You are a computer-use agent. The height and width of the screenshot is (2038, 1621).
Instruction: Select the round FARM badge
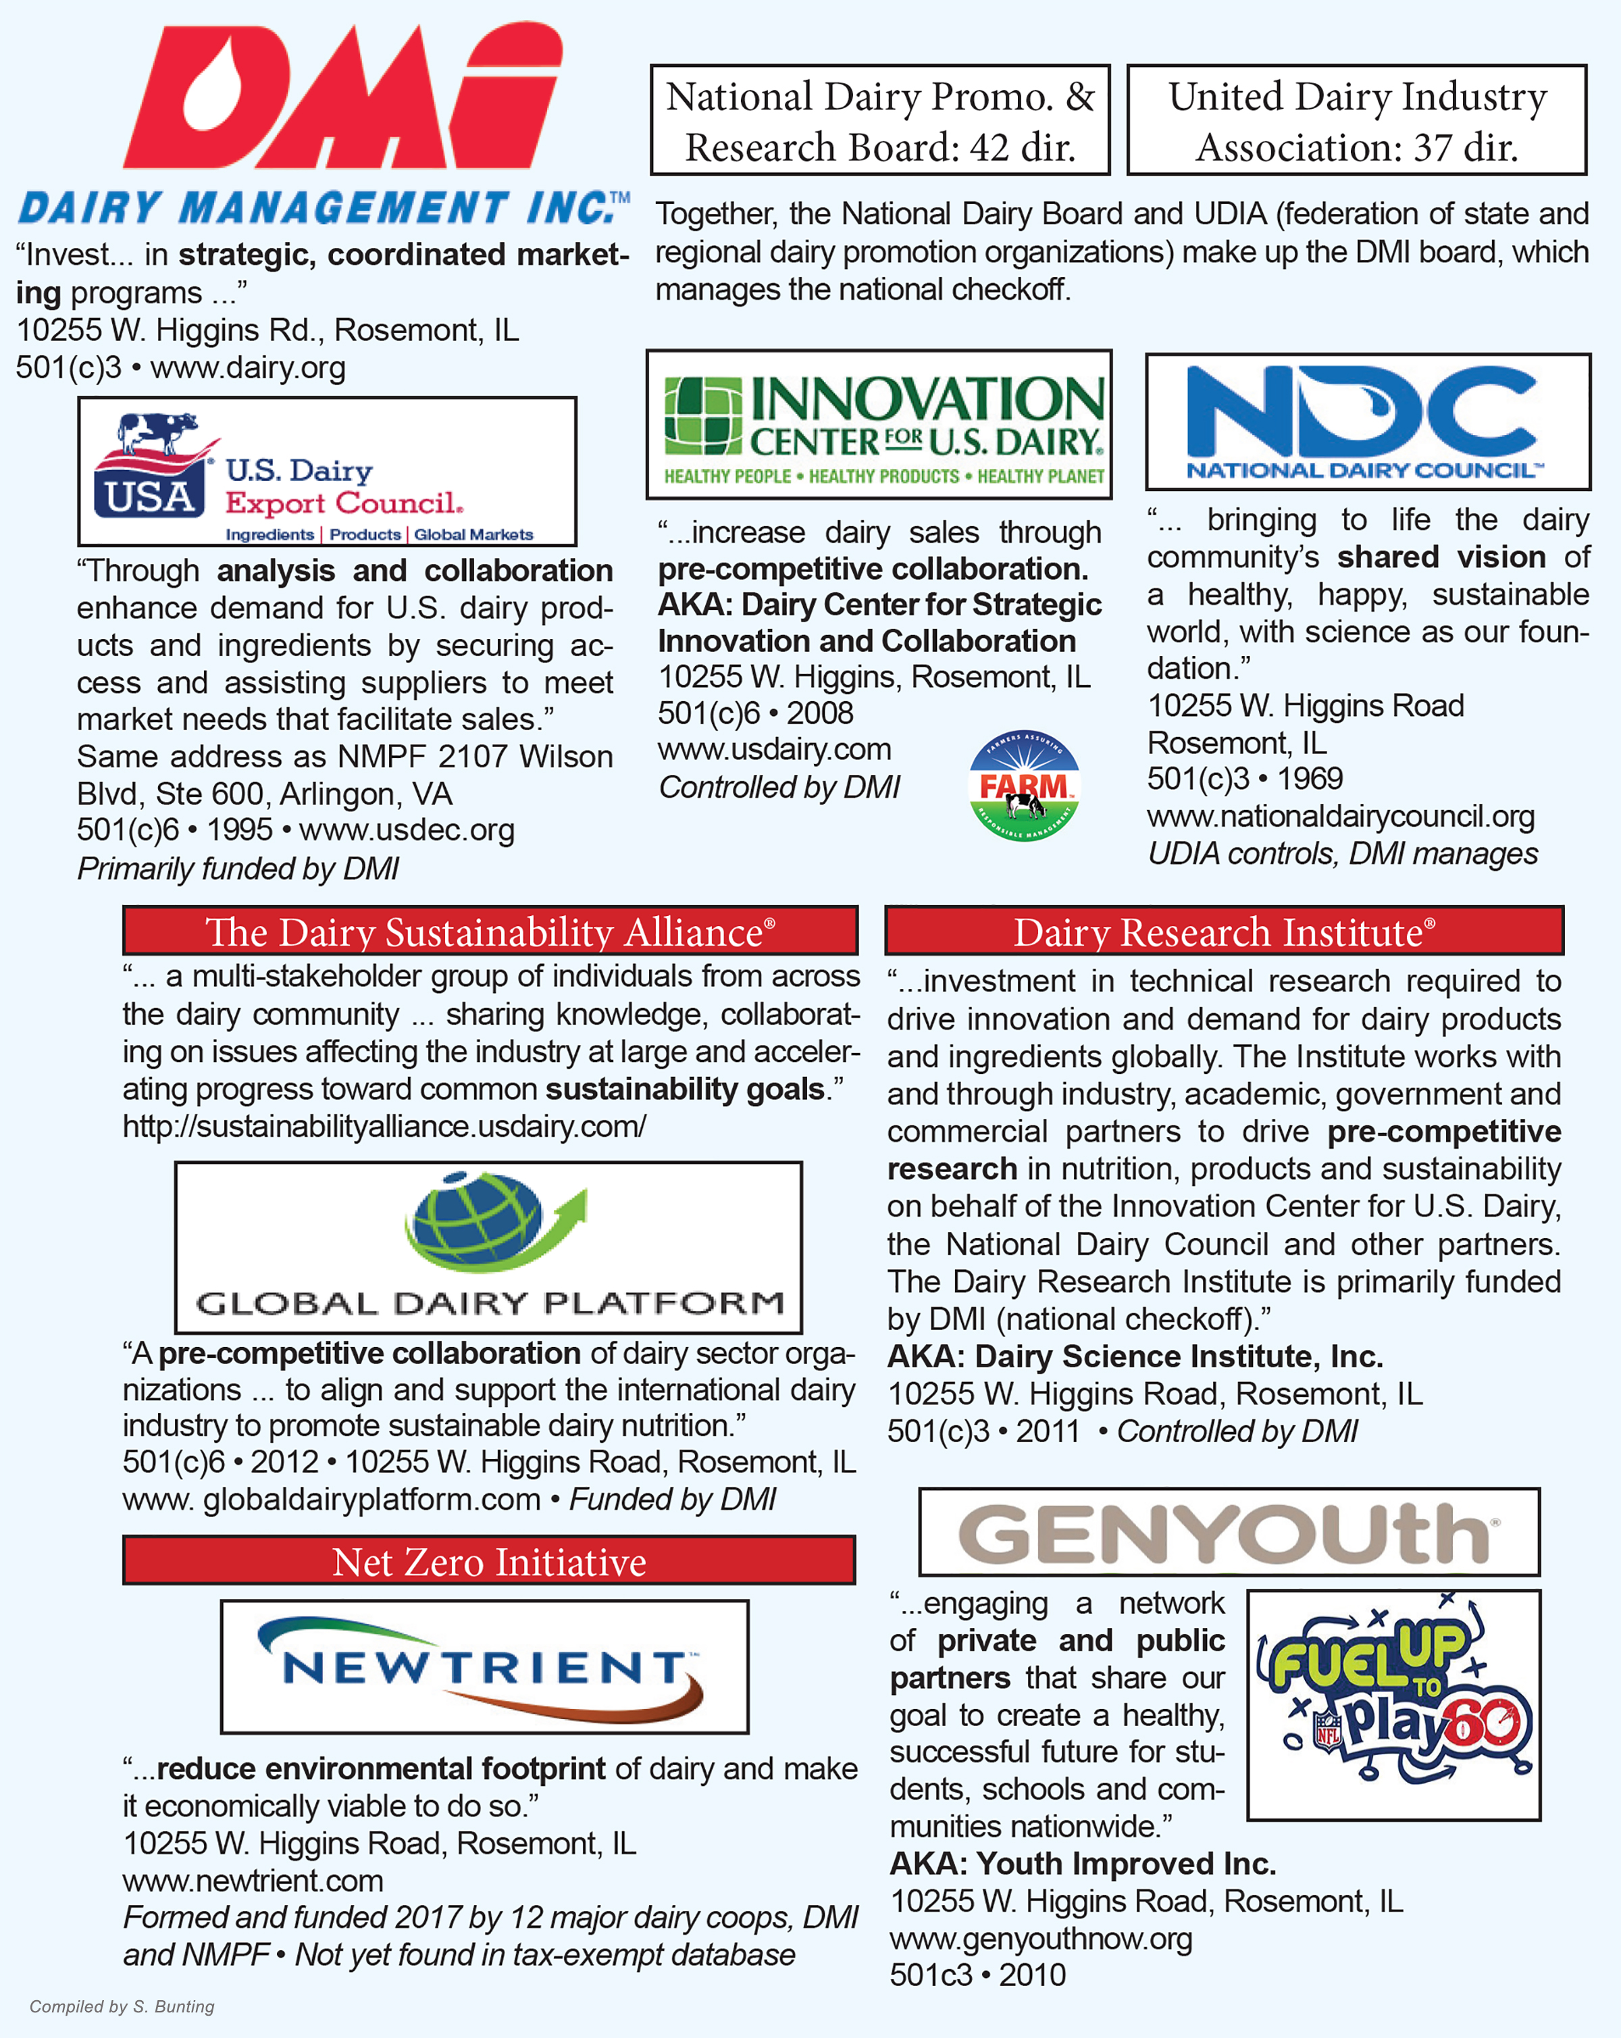1024,786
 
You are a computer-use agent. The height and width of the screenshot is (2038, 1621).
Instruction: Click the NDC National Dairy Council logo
1367,422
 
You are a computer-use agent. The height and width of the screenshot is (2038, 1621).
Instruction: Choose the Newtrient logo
484,1667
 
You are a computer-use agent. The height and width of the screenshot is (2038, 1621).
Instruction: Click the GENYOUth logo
1228,1532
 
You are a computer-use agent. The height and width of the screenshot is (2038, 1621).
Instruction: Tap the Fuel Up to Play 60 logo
1393,1704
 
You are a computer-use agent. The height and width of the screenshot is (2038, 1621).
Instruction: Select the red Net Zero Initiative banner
488,1560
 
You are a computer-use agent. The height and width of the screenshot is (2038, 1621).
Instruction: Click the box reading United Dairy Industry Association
1356,121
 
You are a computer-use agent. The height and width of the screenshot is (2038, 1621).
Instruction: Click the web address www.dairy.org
248,367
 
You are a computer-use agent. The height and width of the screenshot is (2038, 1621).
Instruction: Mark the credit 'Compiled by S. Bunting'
122,2006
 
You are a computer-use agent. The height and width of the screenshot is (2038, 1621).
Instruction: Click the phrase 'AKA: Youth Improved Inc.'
1082,1863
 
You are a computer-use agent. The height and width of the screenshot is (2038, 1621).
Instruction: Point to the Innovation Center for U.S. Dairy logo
879,424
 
